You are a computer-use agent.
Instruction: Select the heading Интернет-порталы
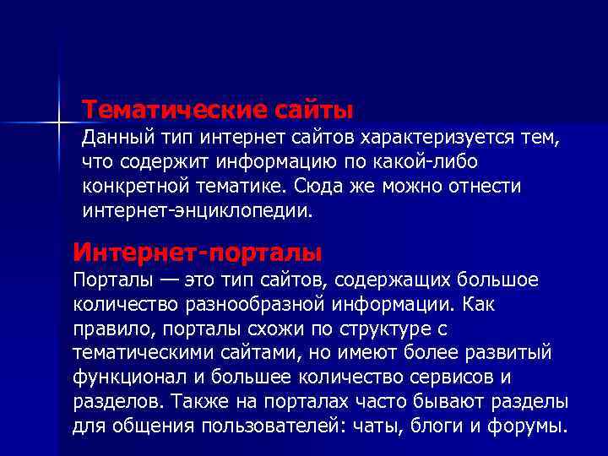[x=198, y=252]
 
